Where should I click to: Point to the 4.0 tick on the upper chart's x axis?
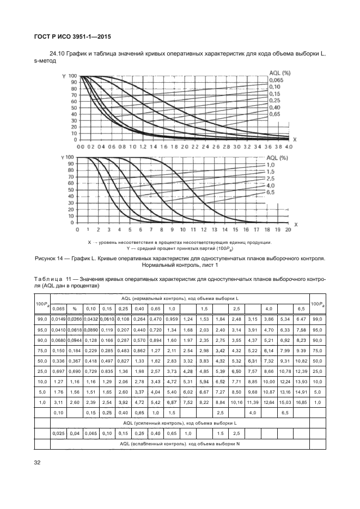tap(288, 147)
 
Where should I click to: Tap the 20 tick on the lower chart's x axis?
tap(288, 229)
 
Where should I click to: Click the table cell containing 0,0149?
tap(58, 318)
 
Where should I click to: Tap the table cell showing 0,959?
tap(171, 318)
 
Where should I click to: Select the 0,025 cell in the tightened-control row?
tap(58, 434)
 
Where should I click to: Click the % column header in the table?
tap(74, 308)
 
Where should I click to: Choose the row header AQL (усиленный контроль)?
tap(179, 423)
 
